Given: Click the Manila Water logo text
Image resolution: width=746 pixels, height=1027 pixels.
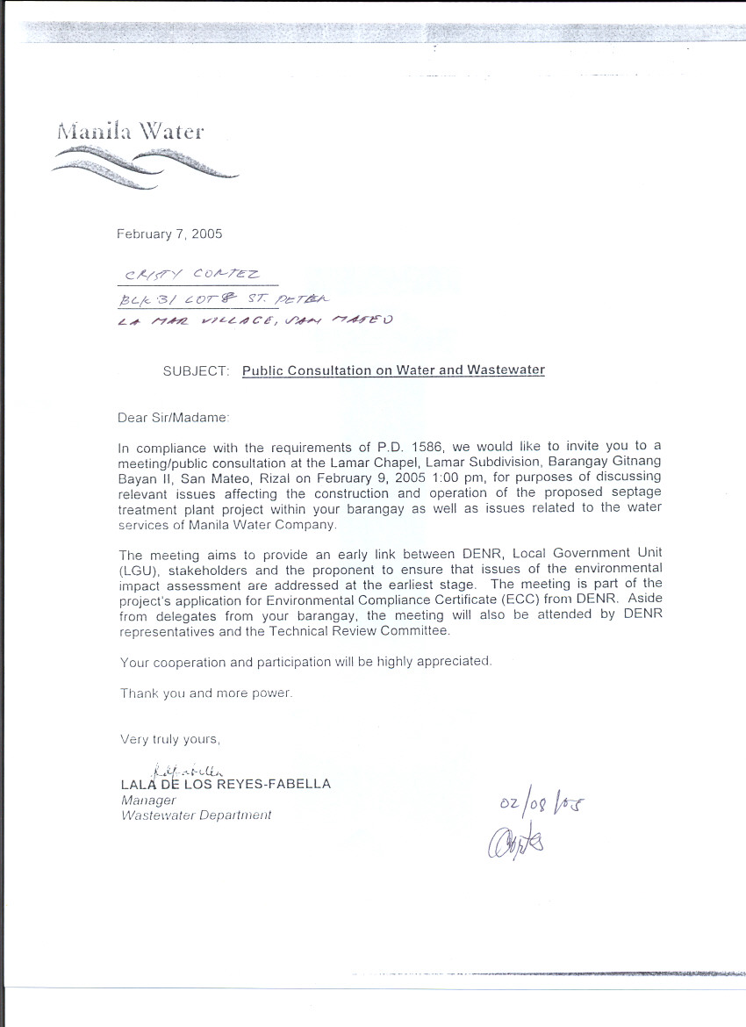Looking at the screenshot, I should coord(130,133).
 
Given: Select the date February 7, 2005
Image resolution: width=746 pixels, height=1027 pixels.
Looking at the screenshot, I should coord(169,234).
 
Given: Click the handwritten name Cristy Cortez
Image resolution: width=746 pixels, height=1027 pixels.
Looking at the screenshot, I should coord(188,275).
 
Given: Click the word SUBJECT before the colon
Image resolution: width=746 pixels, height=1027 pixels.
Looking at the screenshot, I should coord(195,370).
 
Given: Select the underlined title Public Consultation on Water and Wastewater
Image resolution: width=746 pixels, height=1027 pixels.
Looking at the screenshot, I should coord(393,370).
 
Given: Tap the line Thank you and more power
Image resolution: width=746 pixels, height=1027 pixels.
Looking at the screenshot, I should coord(206,693).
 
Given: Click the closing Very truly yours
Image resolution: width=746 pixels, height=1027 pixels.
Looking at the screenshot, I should coord(170,740).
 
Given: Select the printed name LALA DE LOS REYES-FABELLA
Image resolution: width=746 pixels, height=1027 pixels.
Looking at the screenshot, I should coord(226,784).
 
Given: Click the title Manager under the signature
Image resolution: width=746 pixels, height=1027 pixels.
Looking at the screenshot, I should coord(148,801).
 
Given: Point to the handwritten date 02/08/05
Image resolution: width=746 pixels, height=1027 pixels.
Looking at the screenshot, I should coord(540,804).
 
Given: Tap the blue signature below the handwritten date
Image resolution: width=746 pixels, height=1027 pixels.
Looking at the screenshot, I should coord(520,842).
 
